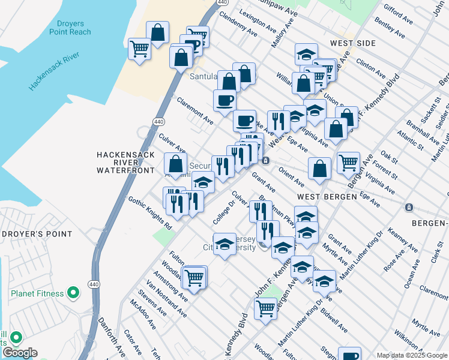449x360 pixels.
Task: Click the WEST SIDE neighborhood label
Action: [352, 43]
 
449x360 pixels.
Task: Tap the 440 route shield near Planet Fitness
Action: [93, 284]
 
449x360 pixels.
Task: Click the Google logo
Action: [19, 353]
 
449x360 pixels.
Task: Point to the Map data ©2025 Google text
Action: [412, 355]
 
